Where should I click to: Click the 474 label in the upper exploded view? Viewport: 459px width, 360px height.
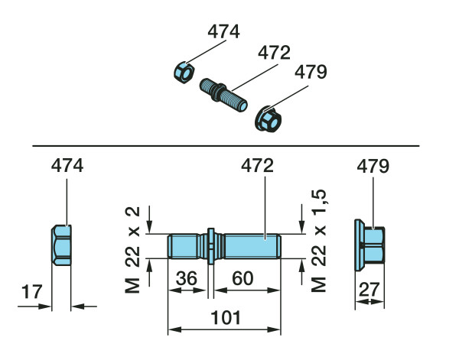(223, 31)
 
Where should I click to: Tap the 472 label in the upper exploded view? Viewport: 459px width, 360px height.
(274, 53)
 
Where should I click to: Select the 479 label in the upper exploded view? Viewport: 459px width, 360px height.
(311, 72)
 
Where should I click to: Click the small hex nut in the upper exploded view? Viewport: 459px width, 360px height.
(184, 73)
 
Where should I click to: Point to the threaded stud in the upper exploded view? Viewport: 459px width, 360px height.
(223, 95)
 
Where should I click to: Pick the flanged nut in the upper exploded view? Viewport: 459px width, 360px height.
(269, 119)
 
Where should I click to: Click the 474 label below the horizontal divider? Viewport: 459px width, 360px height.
(67, 166)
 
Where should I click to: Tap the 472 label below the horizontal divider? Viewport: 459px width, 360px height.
(257, 166)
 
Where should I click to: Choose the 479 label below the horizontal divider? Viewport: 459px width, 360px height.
(373, 166)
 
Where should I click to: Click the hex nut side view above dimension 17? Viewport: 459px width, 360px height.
(61, 245)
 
